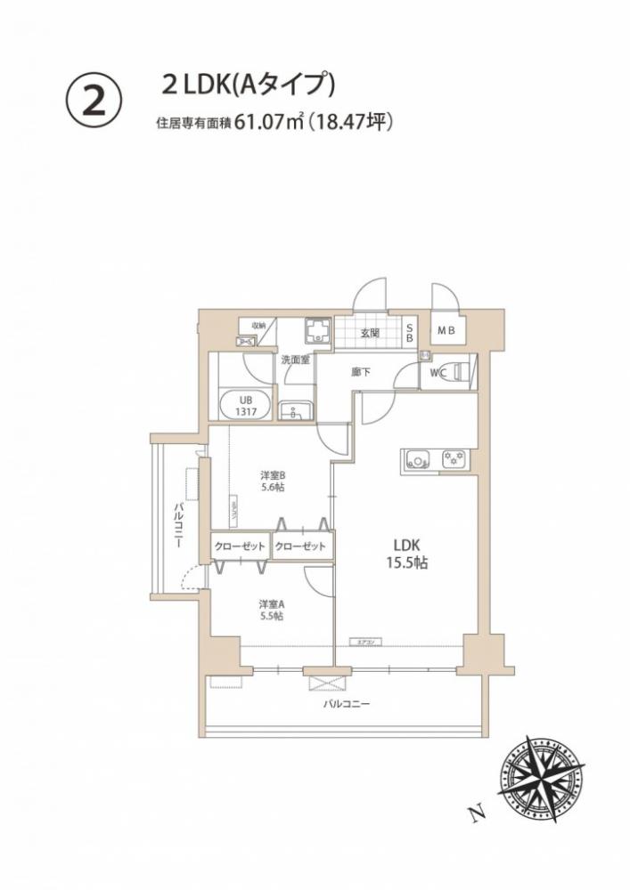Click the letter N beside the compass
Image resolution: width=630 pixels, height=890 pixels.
click(479, 812)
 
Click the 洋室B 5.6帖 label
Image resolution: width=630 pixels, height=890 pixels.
click(273, 481)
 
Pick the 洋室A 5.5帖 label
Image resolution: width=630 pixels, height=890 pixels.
click(271, 609)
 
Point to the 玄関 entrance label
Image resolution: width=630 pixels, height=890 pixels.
click(372, 333)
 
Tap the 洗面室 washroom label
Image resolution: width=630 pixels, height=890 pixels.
click(296, 360)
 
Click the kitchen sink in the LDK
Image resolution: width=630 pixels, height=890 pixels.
click(417, 460)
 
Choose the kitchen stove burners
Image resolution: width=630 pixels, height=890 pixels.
click(454, 460)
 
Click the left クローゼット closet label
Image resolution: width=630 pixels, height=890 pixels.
click(240, 546)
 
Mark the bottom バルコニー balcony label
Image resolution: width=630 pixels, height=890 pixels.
click(347, 705)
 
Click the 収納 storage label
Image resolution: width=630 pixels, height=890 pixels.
click(258, 326)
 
